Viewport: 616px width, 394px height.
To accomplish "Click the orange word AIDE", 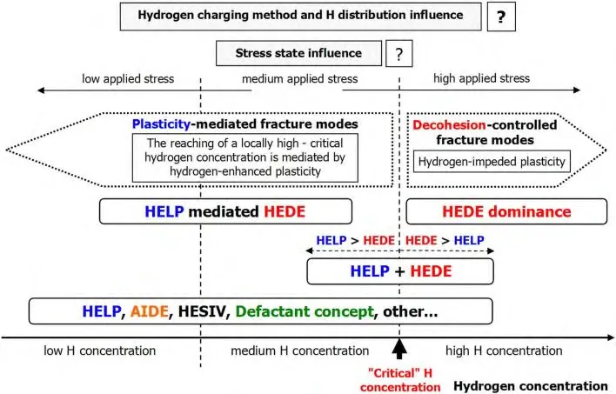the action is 150,311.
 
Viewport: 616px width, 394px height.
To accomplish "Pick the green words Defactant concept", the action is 305,311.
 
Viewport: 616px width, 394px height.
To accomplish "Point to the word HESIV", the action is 203,311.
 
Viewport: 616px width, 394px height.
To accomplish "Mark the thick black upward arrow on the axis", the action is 399,349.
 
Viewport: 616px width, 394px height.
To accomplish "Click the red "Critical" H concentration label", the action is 400,380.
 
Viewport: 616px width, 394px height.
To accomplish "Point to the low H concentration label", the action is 100,351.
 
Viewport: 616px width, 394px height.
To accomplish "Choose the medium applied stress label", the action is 300,79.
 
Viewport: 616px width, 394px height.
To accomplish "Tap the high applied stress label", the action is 482,78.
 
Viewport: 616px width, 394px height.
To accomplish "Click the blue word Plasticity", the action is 162,124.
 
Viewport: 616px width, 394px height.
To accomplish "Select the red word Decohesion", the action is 449,125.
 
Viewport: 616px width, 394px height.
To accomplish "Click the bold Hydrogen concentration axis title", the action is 531,386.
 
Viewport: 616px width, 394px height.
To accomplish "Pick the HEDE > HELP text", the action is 445,240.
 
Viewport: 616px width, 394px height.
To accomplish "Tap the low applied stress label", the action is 128,79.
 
